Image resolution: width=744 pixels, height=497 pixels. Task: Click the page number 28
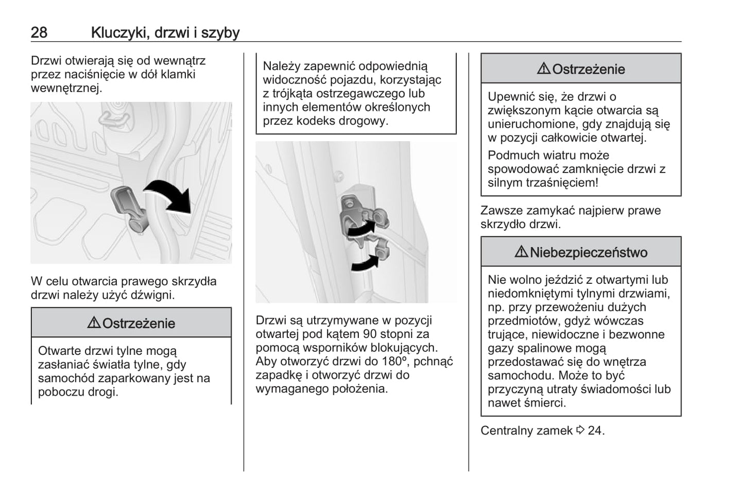[x=39, y=32]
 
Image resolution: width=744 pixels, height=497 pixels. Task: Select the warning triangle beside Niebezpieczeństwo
[x=521, y=252]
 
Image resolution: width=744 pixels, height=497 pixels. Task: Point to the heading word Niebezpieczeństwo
[x=589, y=252]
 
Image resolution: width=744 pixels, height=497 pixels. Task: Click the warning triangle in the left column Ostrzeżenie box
[x=94, y=323]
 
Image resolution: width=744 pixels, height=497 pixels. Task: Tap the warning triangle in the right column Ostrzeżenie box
[x=544, y=68]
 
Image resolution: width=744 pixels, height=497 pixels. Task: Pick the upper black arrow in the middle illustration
[x=361, y=229]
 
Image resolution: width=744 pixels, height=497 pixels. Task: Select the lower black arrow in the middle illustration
[x=365, y=264]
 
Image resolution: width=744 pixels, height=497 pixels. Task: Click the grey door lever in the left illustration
[x=129, y=209]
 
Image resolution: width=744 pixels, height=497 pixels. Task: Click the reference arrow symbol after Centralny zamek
[x=580, y=430]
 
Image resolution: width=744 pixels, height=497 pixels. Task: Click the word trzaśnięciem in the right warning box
[x=564, y=182]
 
